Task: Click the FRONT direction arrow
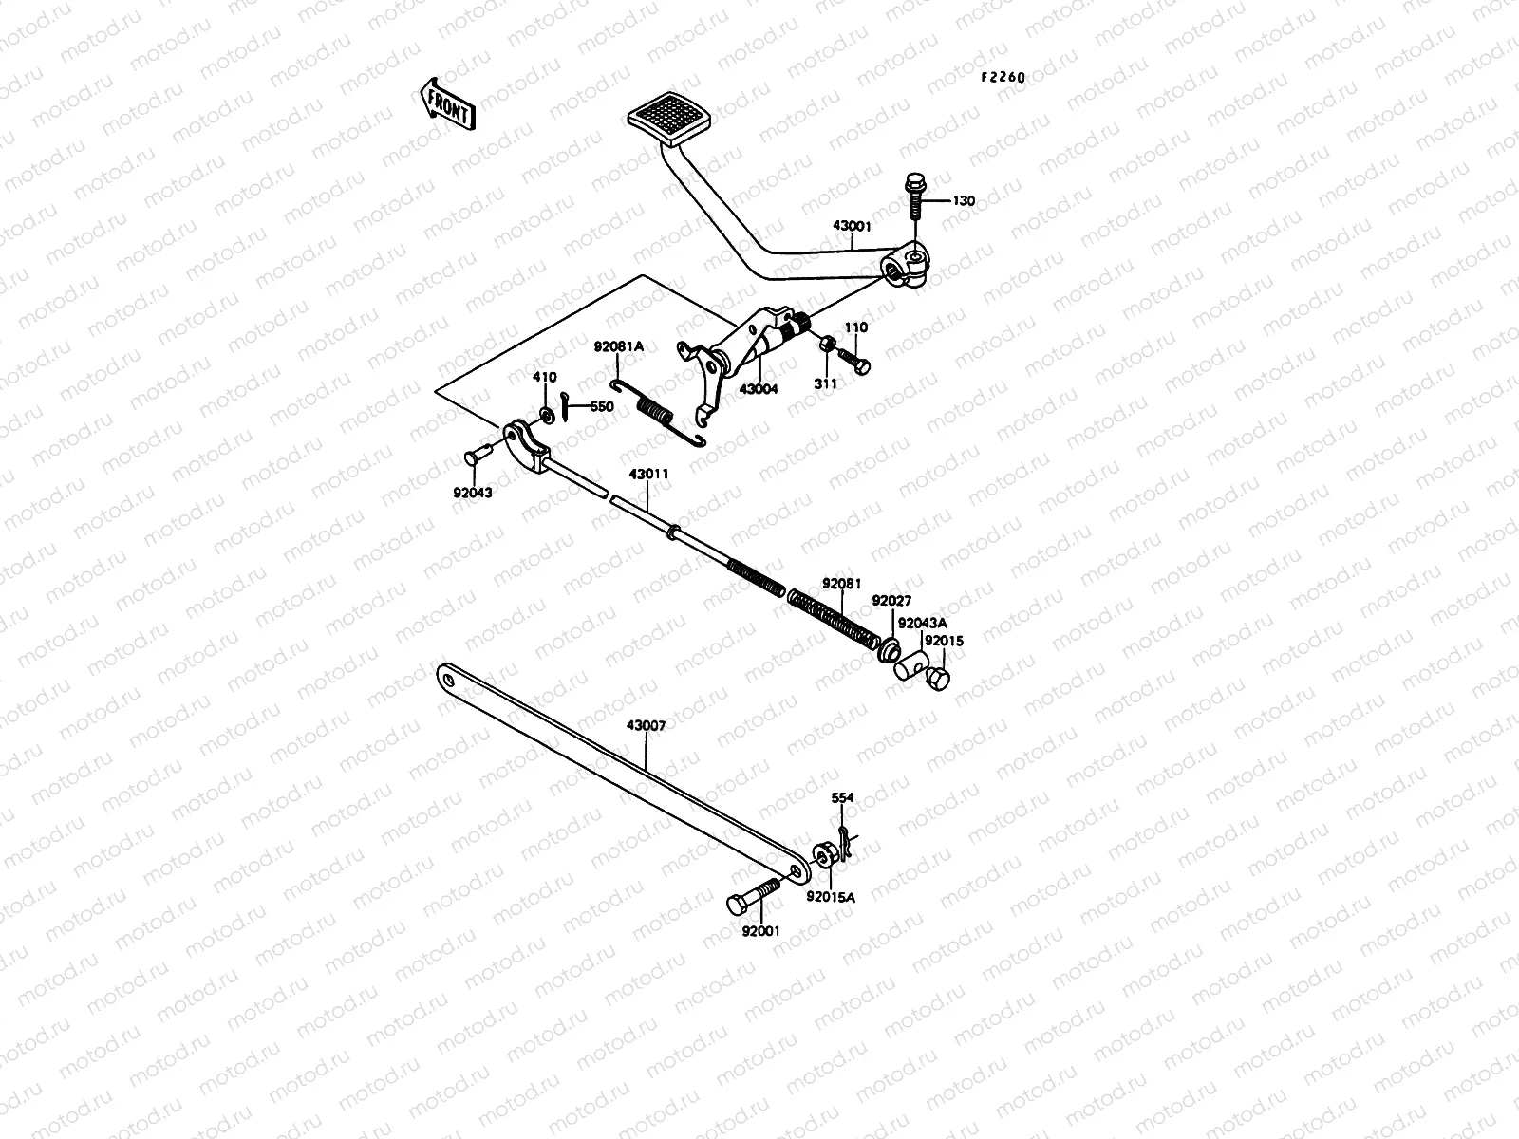click(x=444, y=103)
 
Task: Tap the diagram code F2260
click(x=1003, y=78)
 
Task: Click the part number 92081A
click(x=619, y=346)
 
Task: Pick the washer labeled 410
click(x=546, y=414)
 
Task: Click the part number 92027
click(x=891, y=600)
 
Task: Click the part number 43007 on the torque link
click(x=646, y=725)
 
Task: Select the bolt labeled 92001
click(x=751, y=896)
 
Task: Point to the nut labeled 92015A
click(x=824, y=854)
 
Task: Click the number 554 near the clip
click(x=842, y=798)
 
